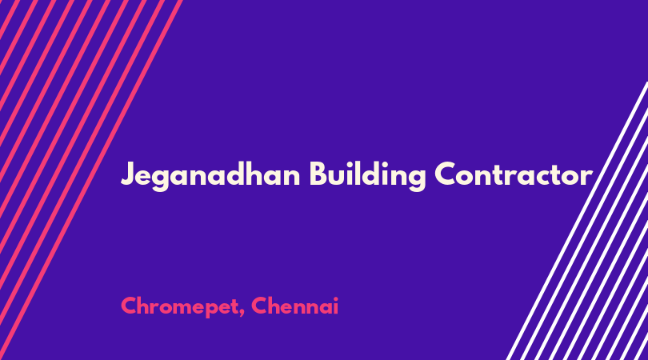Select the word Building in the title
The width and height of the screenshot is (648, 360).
tap(367, 175)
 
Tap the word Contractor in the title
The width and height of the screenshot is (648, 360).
tap(514, 174)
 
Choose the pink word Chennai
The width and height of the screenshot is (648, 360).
tap(294, 306)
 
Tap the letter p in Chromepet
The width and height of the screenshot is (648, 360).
tap(211, 310)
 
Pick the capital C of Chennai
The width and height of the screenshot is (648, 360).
tap(259, 306)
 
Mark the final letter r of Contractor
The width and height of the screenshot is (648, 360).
tap(587, 178)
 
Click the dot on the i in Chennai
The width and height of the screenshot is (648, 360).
tap(335, 298)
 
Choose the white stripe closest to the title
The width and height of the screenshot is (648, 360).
tap(577, 221)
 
